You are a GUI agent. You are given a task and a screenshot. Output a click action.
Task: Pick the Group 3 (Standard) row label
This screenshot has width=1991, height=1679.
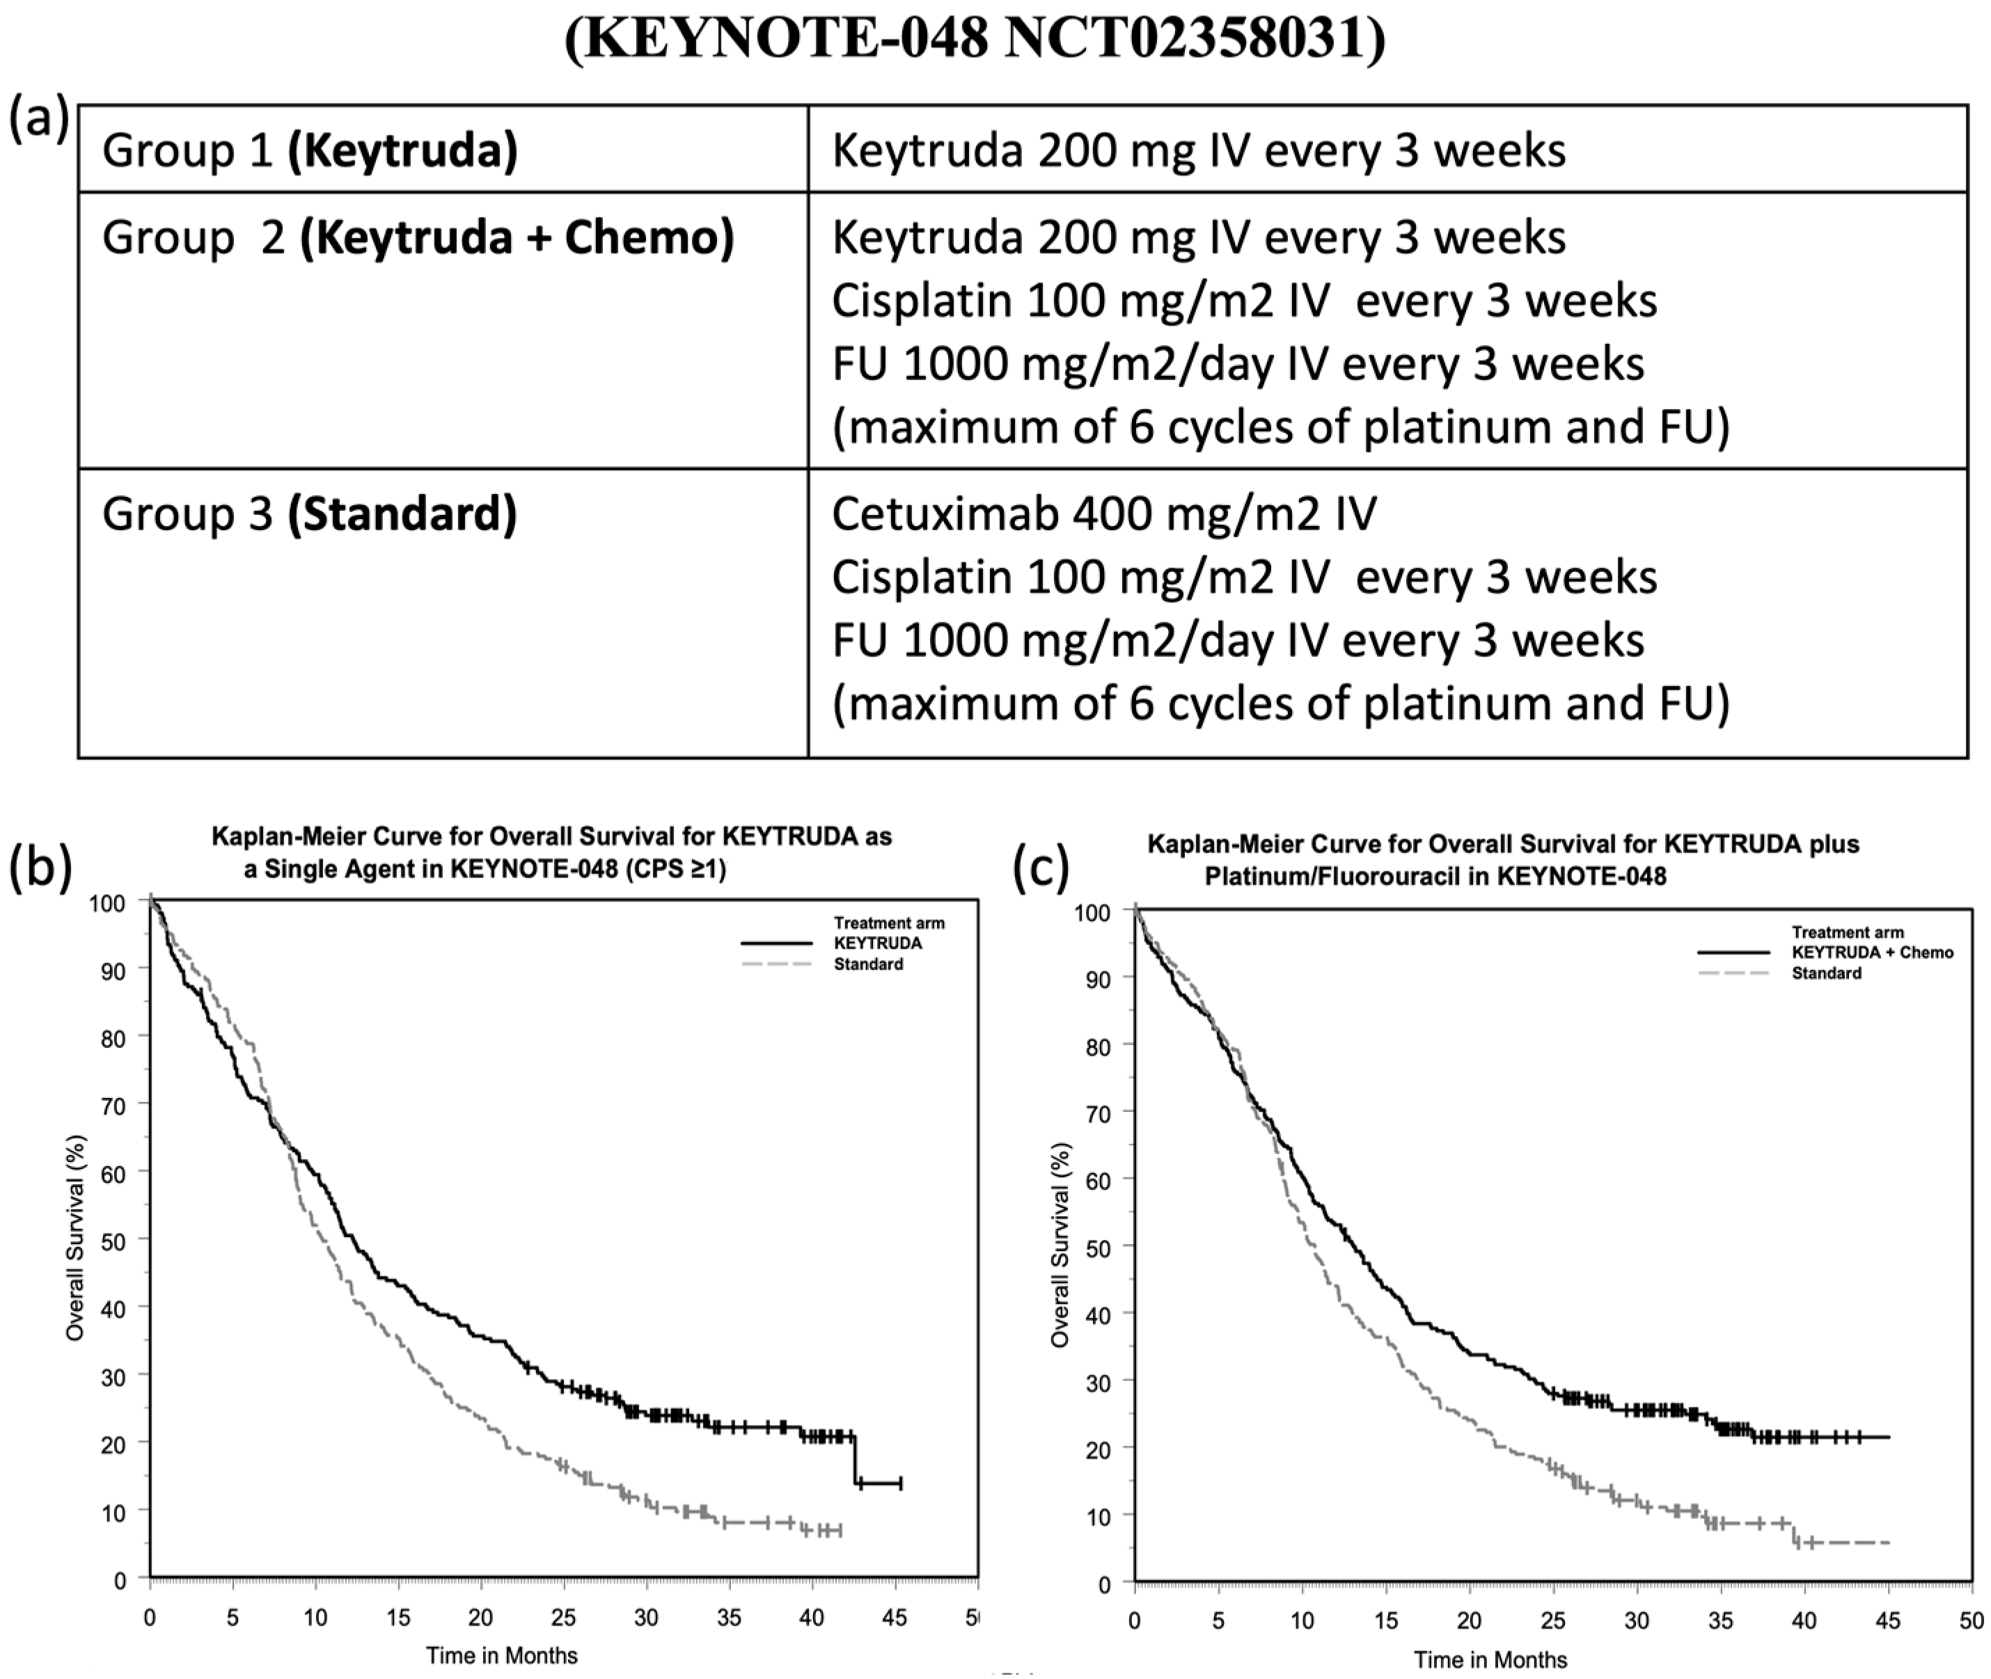(310, 514)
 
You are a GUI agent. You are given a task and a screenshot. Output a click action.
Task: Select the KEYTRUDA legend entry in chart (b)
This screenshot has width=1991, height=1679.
(877, 944)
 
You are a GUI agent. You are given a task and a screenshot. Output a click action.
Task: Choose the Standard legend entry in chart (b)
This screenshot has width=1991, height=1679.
(867, 964)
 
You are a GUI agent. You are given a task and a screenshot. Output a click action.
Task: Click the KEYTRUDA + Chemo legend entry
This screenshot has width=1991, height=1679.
(1872, 952)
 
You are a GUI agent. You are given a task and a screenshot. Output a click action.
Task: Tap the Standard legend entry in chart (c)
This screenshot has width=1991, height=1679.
(1825, 973)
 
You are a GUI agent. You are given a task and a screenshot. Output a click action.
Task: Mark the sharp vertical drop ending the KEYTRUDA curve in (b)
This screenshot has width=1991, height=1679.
(855, 1459)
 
